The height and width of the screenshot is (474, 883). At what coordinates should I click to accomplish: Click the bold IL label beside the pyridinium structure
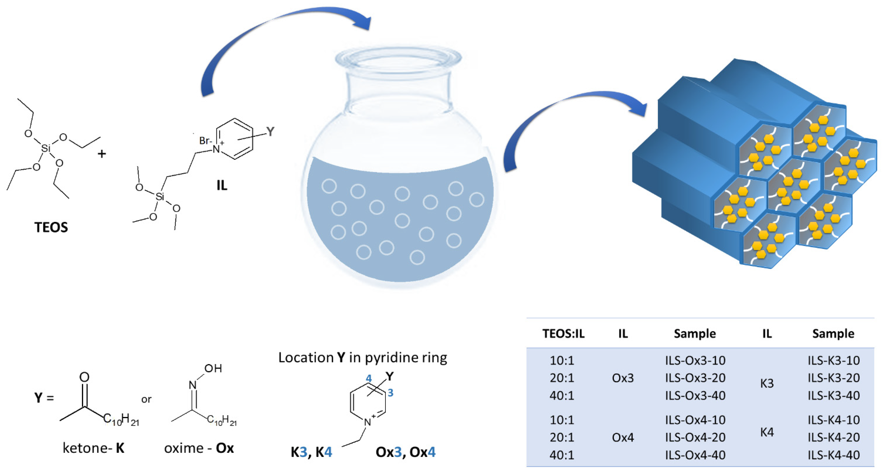coord(222,186)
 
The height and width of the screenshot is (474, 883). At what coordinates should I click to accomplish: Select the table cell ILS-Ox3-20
coord(695,378)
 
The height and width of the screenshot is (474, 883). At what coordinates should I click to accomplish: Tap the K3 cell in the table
coord(767,383)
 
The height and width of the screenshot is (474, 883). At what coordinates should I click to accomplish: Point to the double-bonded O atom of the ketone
coord(84,377)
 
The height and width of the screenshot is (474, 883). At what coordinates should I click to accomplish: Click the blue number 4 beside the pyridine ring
coord(368,378)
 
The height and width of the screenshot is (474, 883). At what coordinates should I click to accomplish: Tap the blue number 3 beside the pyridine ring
coord(390,393)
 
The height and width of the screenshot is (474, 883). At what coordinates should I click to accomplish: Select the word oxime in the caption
coord(184,448)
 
